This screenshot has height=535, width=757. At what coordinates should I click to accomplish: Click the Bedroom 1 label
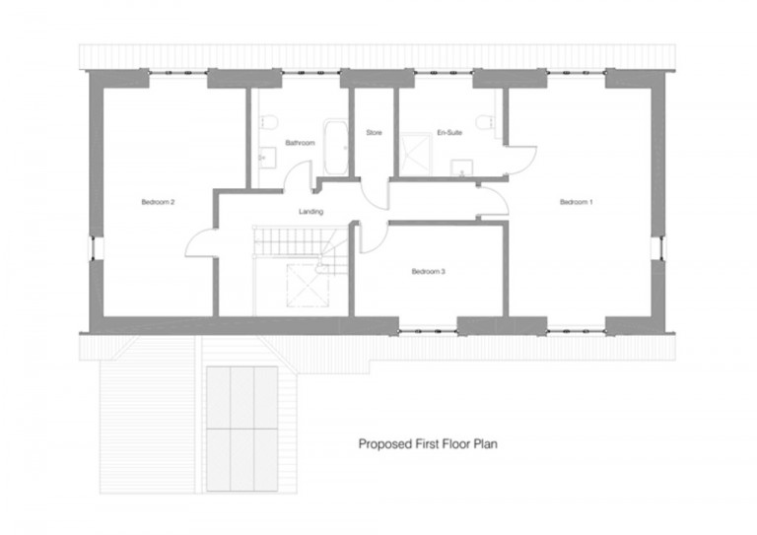point(577,202)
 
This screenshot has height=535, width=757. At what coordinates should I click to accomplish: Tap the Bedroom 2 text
point(158,202)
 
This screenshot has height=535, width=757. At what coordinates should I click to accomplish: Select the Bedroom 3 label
point(429,271)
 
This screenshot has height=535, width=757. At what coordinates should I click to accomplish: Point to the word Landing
point(310,212)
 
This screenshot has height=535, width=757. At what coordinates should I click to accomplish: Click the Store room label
point(374,132)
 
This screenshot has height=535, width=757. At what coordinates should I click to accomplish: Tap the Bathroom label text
point(300,143)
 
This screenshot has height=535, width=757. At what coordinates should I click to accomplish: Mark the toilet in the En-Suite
point(484,122)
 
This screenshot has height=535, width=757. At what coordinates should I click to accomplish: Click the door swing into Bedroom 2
point(200,241)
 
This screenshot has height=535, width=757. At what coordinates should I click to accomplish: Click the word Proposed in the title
point(380,444)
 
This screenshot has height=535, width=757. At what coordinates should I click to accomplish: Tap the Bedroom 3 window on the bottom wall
point(428,325)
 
